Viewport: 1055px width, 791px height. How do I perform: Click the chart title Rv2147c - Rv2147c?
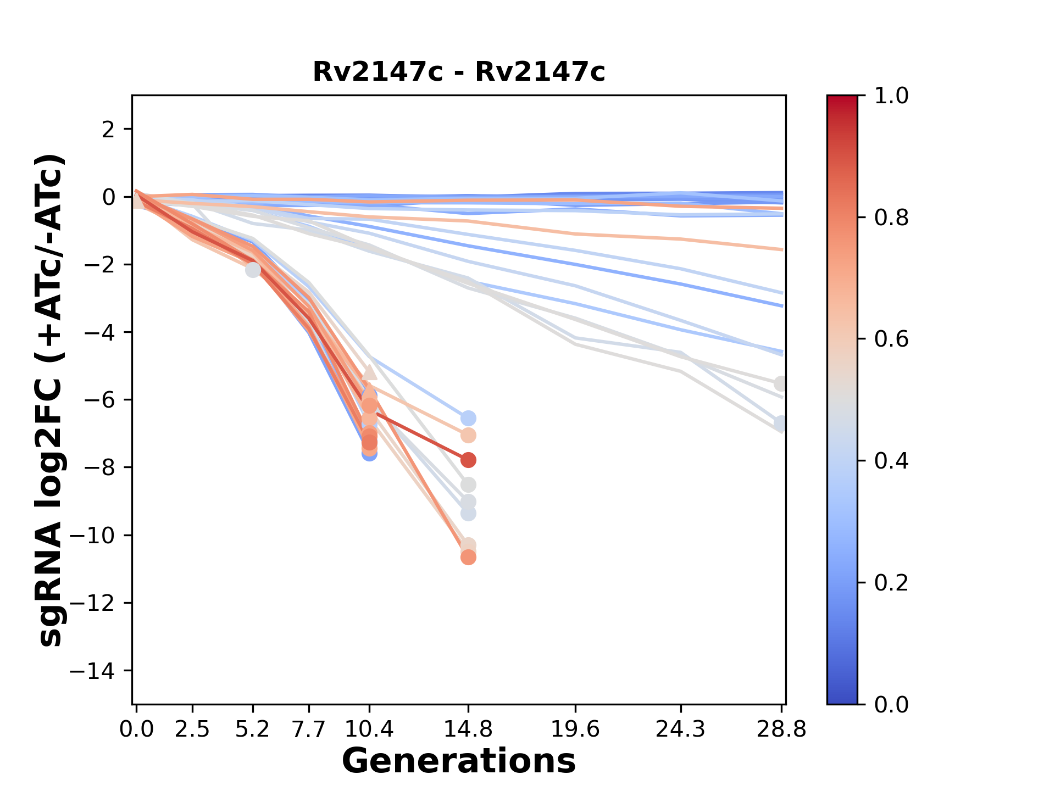(x=459, y=72)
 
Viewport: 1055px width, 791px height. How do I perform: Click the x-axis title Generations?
(x=459, y=761)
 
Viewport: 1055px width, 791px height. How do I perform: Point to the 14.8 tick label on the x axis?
(x=468, y=729)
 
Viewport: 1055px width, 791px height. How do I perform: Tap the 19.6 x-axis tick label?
(x=575, y=729)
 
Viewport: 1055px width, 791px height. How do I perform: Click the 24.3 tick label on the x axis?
(x=681, y=729)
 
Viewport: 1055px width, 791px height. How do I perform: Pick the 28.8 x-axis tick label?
(x=781, y=729)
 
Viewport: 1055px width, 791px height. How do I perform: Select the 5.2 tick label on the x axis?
(x=252, y=729)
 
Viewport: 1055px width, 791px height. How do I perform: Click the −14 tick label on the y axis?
(x=92, y=671)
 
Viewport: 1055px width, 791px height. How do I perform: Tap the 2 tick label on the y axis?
(x=108, y=130)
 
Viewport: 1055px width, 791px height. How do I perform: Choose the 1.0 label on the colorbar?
(x=891, y=96)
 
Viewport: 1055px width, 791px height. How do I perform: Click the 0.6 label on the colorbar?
(x=891, y=339)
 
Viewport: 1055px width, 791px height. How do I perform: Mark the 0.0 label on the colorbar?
(x=891, y=704)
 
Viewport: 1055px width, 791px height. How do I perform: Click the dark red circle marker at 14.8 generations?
(x=468, y=460)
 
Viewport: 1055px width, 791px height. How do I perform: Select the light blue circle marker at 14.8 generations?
(x=468, y=419)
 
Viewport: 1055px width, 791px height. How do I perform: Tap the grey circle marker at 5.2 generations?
(x=253, y=270)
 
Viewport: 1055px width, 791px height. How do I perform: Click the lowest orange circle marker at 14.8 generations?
(x=468, y=558)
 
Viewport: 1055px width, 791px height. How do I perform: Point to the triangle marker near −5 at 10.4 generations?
(x=370, y=372)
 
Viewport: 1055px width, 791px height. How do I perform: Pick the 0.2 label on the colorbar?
(x=891, y=583)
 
